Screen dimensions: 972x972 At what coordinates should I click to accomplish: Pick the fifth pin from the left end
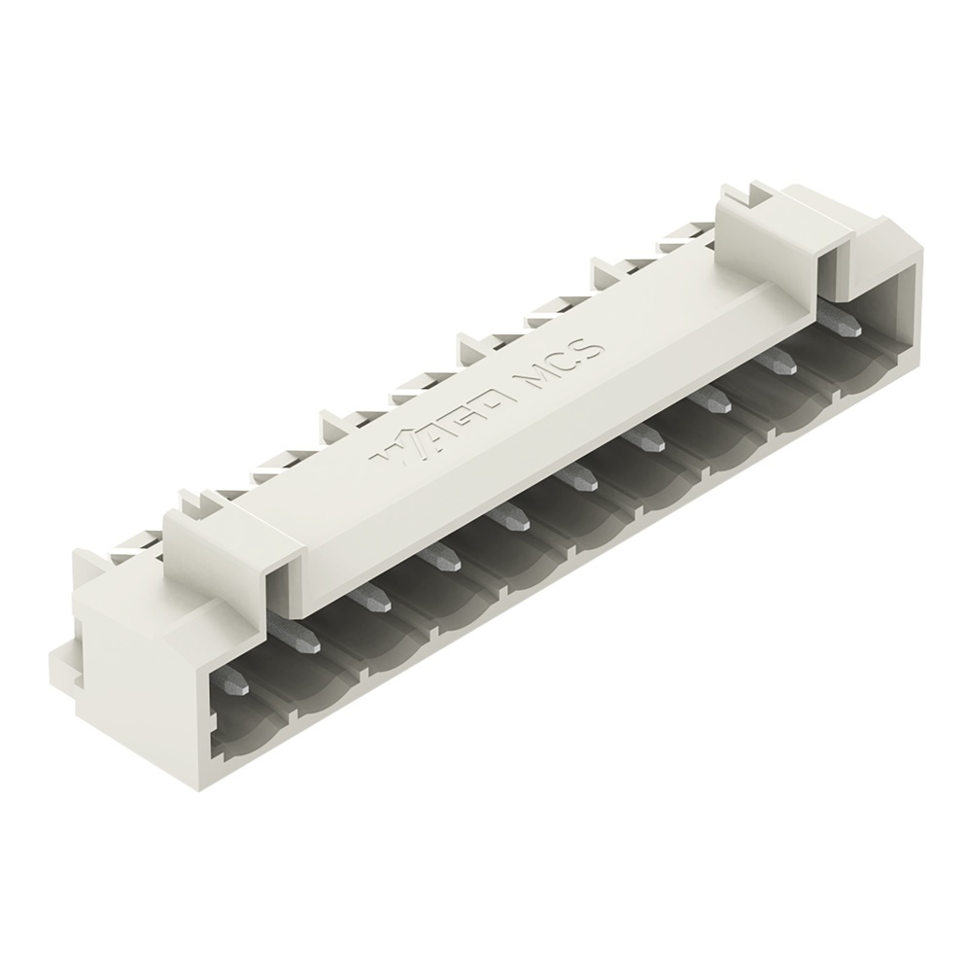click(508, 521)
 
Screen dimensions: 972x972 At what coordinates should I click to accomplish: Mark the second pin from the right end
click(779, 364)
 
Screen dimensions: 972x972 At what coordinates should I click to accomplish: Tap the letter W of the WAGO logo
click(393, 454)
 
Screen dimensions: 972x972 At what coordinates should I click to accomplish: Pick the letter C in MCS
click(565, 363)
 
